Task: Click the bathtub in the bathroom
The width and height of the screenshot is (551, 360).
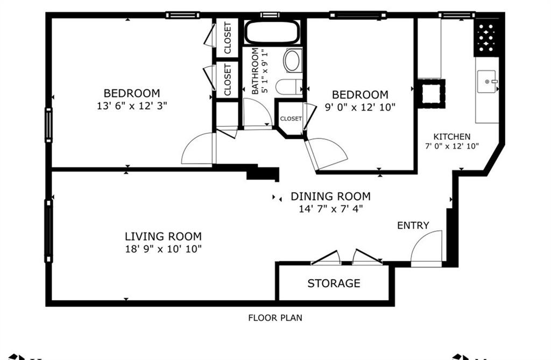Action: pos(272,32)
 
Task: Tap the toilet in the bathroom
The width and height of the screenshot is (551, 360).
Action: pos(289,87)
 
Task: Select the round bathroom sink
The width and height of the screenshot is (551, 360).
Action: pos(292,60)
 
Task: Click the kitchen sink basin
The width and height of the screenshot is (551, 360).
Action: pos(486,82)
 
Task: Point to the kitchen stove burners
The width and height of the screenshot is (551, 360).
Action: pos(486,38)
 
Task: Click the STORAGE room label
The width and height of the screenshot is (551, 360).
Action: pos(334,284)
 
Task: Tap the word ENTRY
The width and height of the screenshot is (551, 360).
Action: pos(413,225)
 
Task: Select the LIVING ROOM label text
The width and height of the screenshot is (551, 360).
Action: pos(164,236)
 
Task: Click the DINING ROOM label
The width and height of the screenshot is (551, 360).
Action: pos(331,196)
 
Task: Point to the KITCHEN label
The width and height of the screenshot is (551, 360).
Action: pos(452,137)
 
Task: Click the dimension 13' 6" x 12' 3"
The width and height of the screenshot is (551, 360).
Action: pos(132,105)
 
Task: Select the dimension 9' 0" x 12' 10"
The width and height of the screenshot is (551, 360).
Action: pos(360,107)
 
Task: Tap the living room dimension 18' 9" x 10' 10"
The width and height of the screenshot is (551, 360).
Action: pos(164,249)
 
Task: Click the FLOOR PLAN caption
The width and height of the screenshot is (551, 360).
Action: pos(275,318)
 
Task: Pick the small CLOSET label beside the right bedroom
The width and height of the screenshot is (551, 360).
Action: pos(291,119)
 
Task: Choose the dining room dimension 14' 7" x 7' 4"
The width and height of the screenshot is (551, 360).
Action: pos(331,209)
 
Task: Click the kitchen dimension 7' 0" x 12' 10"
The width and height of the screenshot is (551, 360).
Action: pos(452,146)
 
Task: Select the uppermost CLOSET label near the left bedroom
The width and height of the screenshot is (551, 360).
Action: pos(228,38)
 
